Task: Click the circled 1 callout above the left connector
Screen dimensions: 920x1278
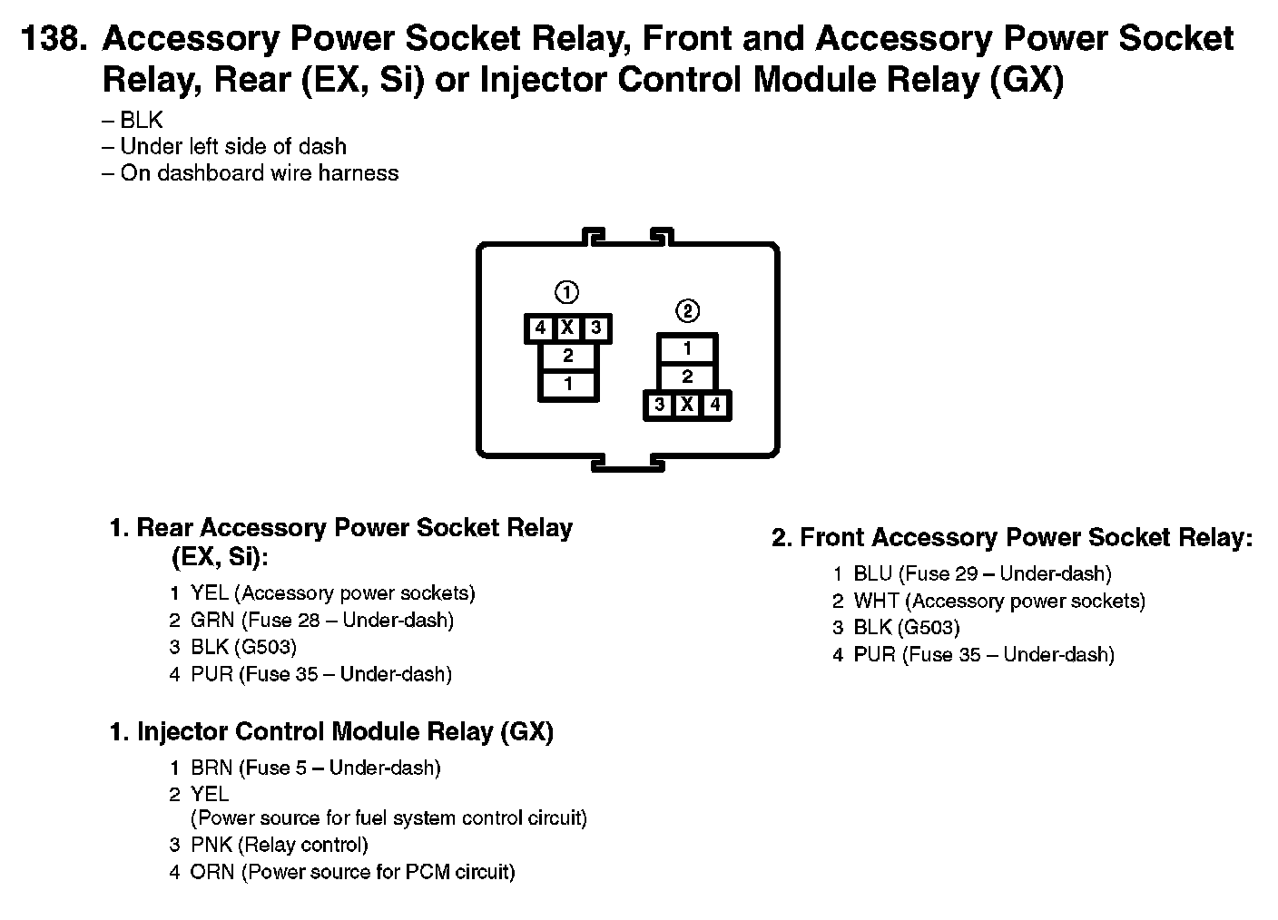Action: pos(566,292)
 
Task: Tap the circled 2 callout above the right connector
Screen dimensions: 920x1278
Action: pos(687,311)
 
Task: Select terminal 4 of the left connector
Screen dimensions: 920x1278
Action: pos(540,328)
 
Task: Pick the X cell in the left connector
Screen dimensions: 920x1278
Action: pos(567,328)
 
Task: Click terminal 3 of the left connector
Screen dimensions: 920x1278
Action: pos(595,328)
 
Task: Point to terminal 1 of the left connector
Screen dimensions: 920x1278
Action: pos(568,384)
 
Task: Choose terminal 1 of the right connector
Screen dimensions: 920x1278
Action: pos(687,348)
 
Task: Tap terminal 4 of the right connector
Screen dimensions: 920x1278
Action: pos(715,405)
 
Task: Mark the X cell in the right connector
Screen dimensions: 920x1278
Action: pos(687,405)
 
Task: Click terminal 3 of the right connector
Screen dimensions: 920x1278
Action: pos(659,405)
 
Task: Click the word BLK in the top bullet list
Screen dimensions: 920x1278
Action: pos(142,121)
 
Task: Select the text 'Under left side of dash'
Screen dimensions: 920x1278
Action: pos(232,147)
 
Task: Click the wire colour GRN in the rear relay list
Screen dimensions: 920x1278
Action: pos(212,621)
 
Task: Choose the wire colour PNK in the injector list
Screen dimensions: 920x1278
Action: pos(211,846)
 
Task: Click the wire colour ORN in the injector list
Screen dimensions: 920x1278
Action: pos(212,873)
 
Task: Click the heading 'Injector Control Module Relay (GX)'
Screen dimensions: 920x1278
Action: pos(344,732)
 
